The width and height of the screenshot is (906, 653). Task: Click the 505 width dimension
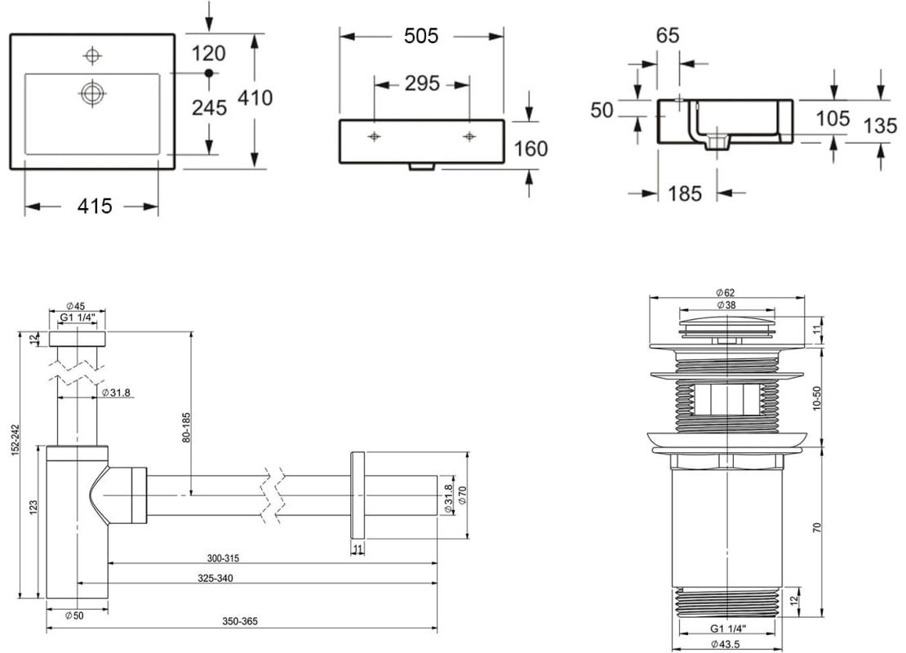421,36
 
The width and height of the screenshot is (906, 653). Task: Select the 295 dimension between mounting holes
422,84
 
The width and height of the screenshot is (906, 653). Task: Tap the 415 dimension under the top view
95,206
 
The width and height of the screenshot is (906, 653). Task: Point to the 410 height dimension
255,98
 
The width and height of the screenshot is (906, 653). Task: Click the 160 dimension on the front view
531,149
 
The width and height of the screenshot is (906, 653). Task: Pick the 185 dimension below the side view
685,193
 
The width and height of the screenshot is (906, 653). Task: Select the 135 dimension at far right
881,126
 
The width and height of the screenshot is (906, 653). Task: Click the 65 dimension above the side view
668,36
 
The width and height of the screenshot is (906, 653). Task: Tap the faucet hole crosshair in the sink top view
92,56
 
